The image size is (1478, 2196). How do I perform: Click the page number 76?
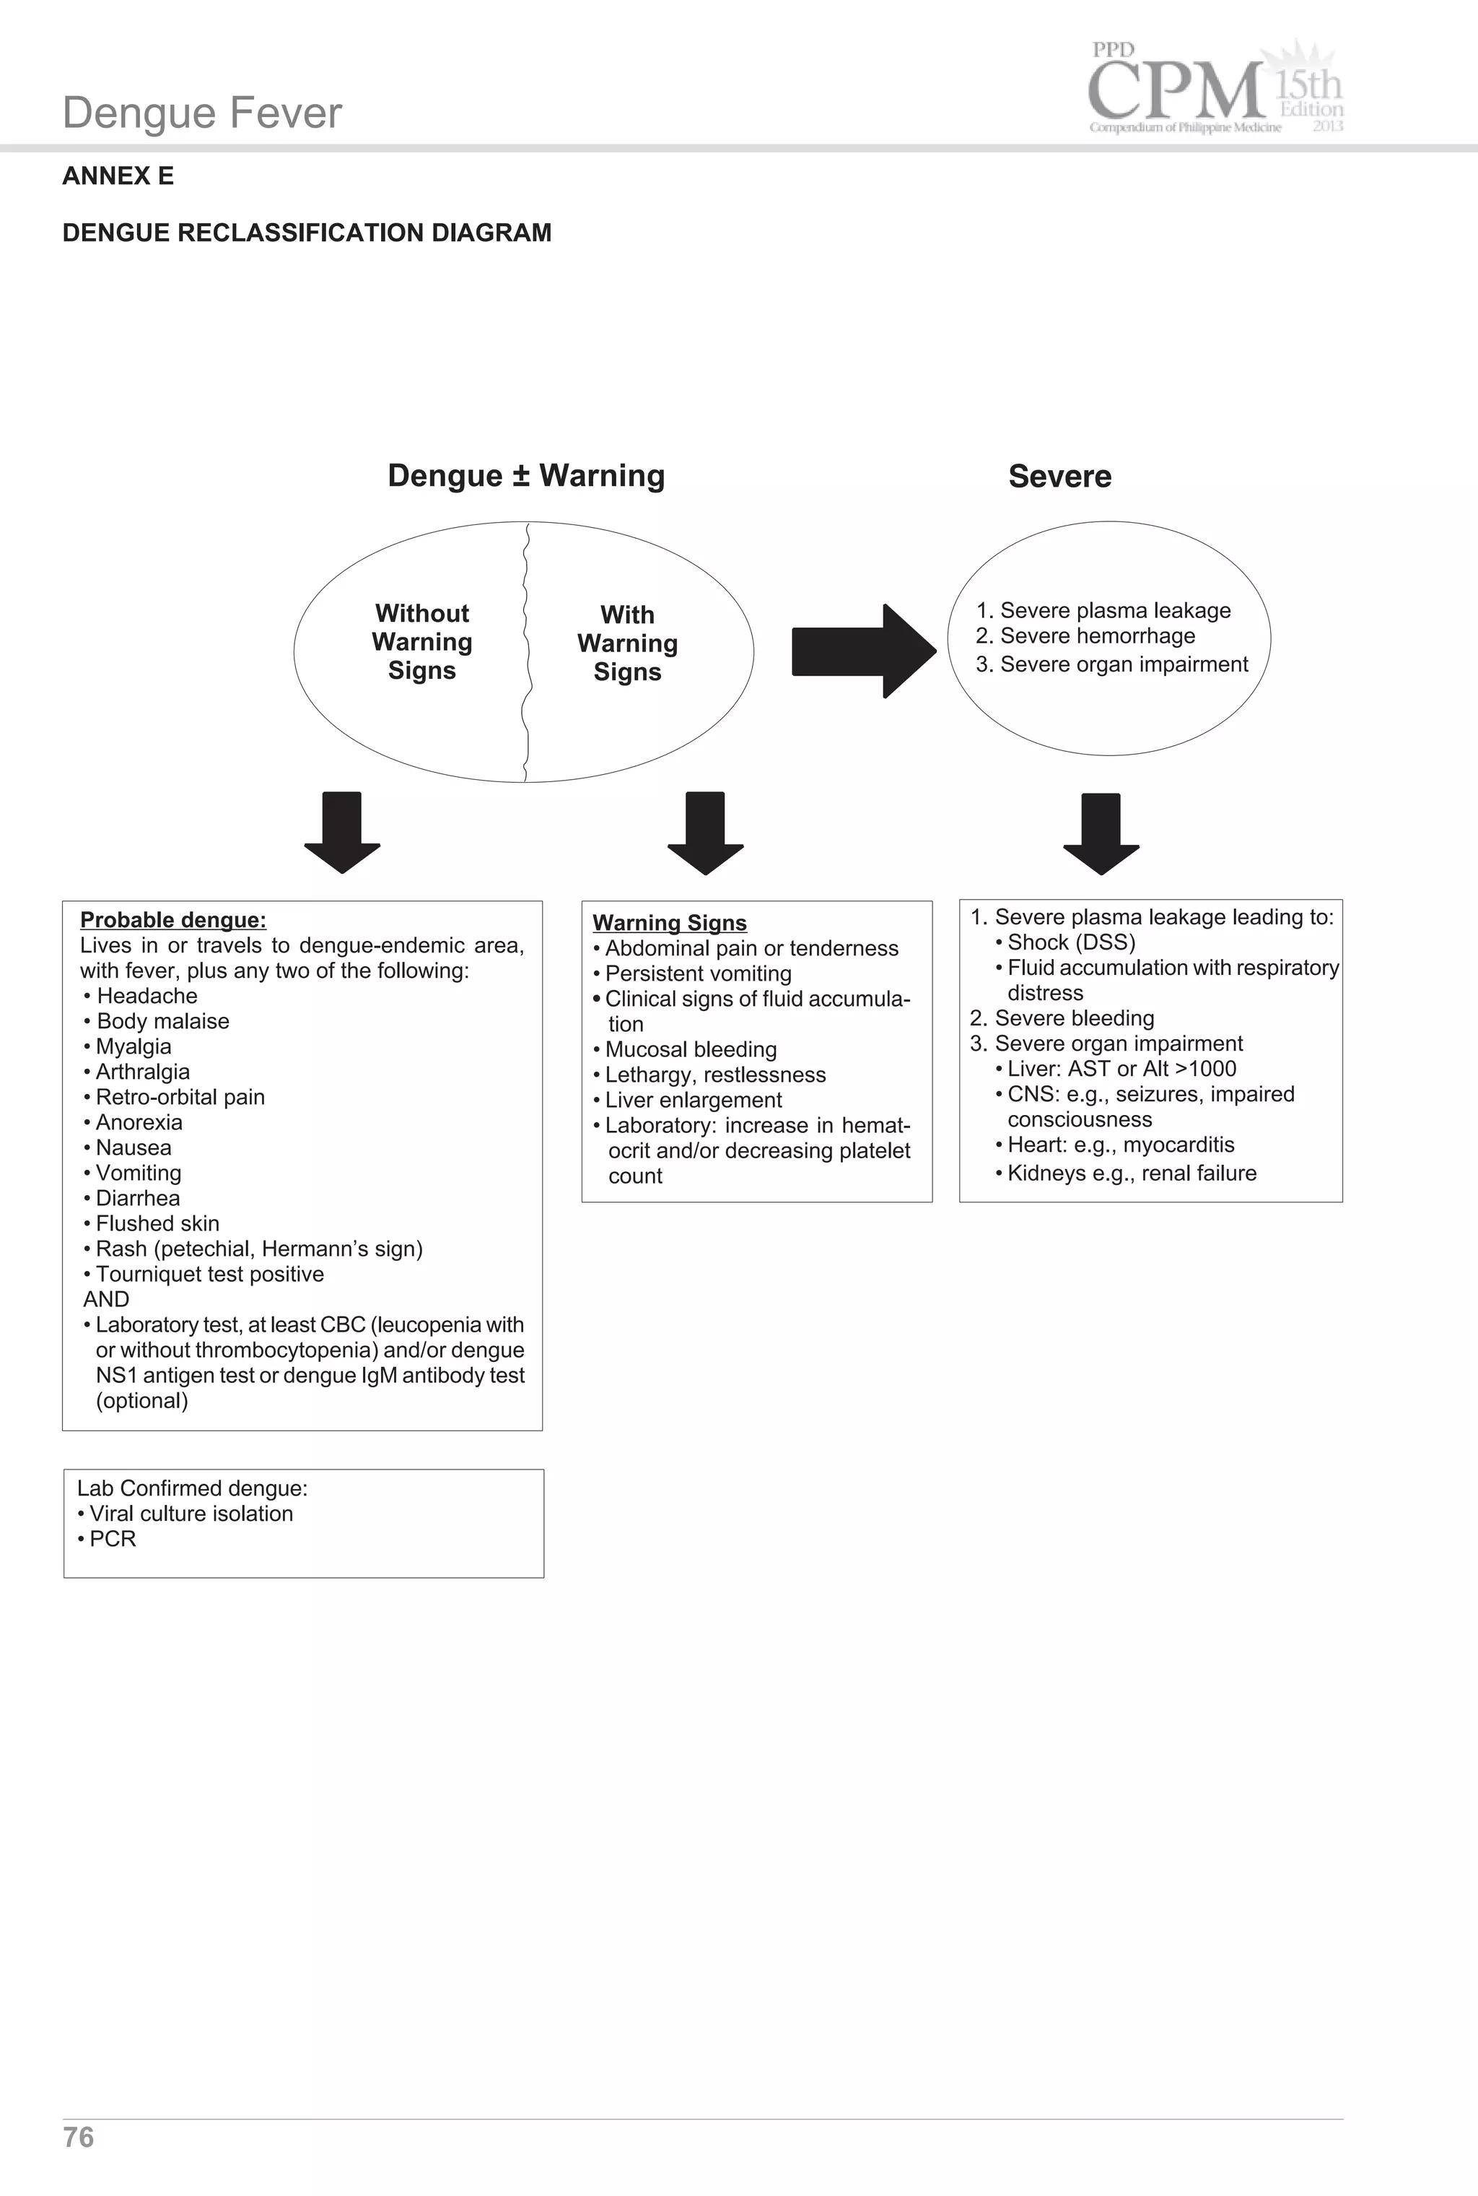(78, 2137)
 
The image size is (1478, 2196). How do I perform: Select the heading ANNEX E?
(118, 176)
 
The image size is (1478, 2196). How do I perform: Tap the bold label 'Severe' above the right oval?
(1059, 476)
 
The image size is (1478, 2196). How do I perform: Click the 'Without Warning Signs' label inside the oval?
(421, 642)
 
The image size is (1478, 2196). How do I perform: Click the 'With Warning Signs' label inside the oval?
(627, 643)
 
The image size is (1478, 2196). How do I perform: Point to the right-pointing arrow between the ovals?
(862, 651)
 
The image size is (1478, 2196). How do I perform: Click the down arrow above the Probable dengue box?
(342, 832)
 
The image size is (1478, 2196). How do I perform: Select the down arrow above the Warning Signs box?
(705, 832)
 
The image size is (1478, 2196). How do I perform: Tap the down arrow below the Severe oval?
(1101, 833)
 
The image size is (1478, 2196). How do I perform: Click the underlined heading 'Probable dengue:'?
(172, 920)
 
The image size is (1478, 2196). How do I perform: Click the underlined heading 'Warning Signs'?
(669, 923)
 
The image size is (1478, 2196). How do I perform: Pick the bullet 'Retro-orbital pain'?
(179, 1098)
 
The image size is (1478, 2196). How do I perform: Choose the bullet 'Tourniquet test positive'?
(209, 1275)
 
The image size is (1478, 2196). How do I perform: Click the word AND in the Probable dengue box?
(105, 1299)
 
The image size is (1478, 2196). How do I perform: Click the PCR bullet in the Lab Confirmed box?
(112, 1539)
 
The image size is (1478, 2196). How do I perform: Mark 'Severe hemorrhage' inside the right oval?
(1096, 636)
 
